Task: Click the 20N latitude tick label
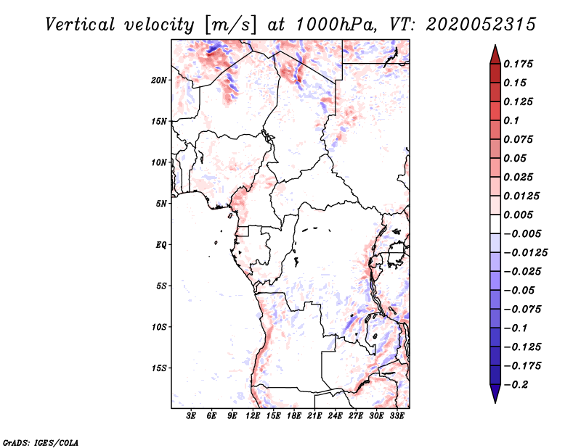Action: click(159, 80)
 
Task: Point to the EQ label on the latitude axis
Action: click(161, 245)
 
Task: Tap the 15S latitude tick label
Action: click(159, 368)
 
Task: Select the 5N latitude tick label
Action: click(161, 204)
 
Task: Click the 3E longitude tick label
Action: click(191, 416)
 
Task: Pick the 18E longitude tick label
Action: click(294, 416)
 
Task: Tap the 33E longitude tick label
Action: click(397, 416)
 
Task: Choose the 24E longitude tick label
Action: click(335, 416)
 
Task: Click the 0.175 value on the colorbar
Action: click(518, 64)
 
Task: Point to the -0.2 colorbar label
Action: click(516, 385)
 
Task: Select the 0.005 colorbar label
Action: click(518, 215)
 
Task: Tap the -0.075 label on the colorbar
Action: click(522, 310)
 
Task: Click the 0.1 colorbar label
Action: click(511, 120)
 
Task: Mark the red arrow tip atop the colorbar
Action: click(495, 46)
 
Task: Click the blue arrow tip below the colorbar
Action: click(495, 402)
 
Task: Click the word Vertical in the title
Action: click(80, 25)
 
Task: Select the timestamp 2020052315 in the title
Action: click(481, 25)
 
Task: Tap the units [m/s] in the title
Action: click(230, 25)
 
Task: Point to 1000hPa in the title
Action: click(335, 25)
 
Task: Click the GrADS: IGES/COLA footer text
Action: click(41, 442)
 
